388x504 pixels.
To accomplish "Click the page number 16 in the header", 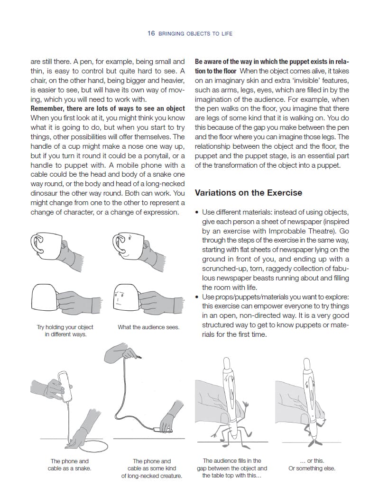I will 151,33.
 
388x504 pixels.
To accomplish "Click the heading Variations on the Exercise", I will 248,193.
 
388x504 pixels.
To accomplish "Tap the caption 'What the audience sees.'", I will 148,327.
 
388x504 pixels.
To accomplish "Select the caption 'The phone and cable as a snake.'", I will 69,465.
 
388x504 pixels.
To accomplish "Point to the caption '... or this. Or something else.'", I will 312,465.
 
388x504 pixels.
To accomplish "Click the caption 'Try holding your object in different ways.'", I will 65,331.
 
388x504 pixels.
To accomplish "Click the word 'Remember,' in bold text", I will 46,108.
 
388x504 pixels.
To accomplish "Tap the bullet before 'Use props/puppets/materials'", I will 197,297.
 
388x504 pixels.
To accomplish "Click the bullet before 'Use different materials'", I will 197,212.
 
